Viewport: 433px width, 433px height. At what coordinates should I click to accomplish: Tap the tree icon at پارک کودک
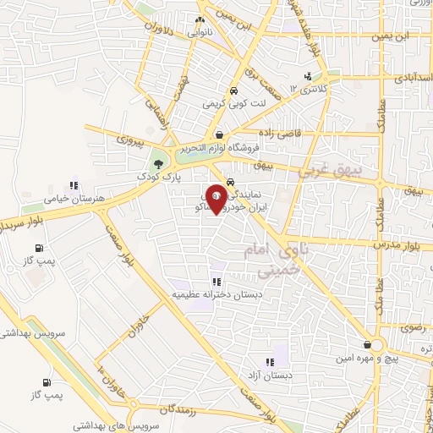[x=157, y=164]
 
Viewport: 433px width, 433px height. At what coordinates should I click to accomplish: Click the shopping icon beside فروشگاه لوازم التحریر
[x=219, y=134]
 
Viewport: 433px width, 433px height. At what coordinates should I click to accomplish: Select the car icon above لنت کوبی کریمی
[x=232, y=91]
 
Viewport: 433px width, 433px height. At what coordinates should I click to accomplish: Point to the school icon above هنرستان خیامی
[x=74, y=185]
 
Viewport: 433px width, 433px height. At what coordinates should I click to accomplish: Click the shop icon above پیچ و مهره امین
[x=365, y=344]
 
